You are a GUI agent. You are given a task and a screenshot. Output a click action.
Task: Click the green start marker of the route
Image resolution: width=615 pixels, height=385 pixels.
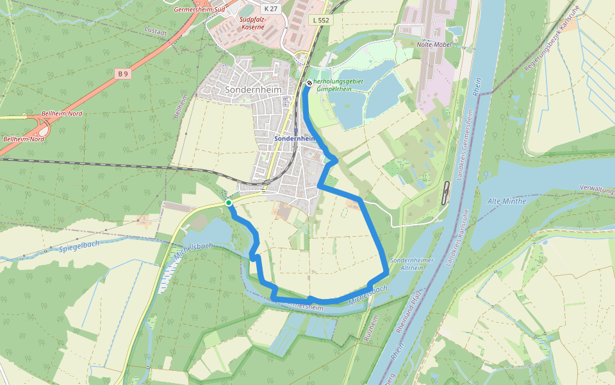tap(229, 203)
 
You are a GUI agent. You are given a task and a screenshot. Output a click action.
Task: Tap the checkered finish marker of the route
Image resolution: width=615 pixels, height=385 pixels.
tap(309, 83)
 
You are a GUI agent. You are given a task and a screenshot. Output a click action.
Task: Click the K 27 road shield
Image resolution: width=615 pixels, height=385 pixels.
tap(270, 8)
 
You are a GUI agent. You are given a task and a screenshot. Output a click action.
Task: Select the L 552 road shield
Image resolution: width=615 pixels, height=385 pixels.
tap(321, 20)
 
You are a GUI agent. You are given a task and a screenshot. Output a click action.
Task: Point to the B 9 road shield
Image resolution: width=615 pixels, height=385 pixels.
tap(123, 74)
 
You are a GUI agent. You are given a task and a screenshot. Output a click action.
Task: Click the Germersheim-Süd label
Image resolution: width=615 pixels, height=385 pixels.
tap(199, 10)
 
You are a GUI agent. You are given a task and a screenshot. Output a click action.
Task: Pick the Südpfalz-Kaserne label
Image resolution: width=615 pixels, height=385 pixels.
tap(252, 24)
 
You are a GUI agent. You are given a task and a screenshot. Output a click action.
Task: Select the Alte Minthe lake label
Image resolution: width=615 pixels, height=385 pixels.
tap(506, 201)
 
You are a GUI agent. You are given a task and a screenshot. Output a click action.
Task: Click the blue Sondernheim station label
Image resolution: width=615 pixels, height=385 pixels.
tap(294, 138)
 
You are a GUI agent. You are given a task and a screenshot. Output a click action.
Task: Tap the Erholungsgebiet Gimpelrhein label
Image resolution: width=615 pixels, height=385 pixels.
tap(340, 85)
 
